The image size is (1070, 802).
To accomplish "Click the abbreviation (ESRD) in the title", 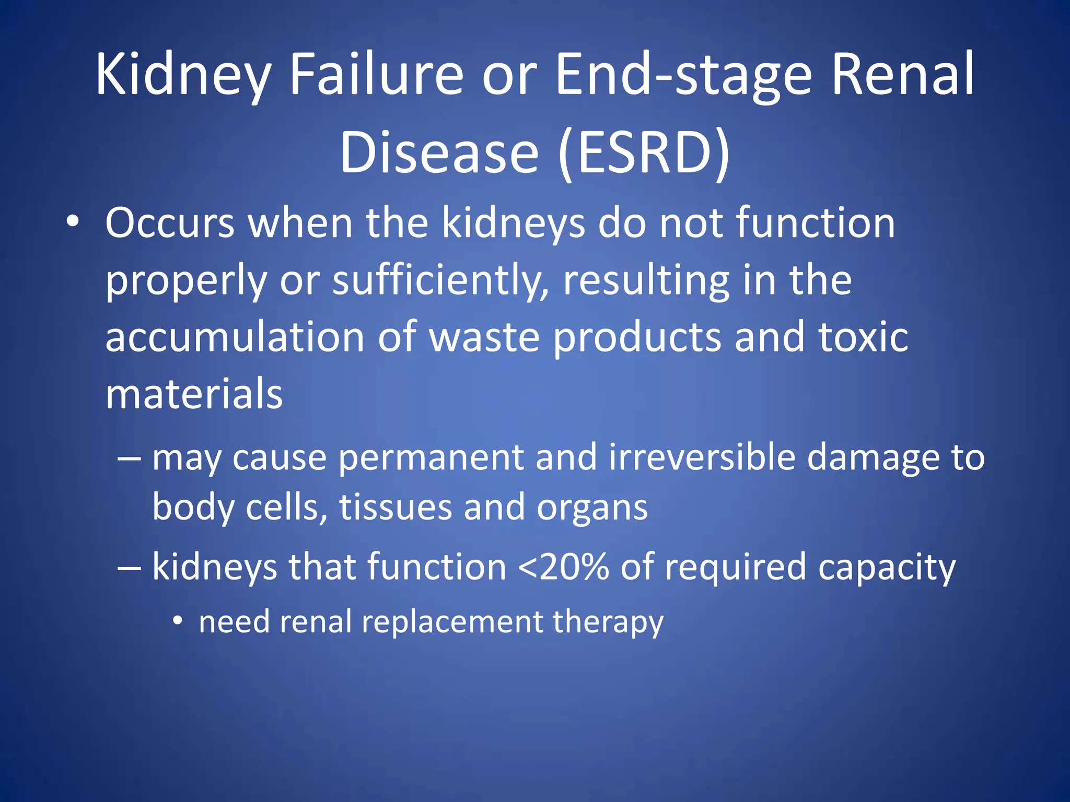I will [644, 152].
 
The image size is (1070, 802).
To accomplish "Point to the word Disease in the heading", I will [439, 152].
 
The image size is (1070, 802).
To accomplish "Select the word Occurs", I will [170, 223].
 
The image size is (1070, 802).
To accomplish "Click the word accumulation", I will [235, 337].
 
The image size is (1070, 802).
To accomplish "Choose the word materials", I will [194, 394].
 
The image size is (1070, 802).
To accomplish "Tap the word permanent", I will [431, 457].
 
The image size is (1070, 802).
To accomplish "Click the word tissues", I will [396, 508].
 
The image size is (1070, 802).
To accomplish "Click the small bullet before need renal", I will [178, 621].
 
